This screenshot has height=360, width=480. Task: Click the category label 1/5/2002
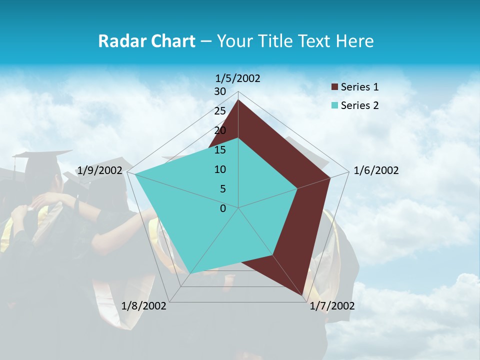(x=238, y=78)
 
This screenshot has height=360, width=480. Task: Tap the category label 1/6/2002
(x=376, y=170)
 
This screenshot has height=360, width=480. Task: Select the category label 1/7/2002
(x=332, y=306)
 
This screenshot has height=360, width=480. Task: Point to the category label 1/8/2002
(x=144, y=306)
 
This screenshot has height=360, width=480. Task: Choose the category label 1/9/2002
(x=100, y=170)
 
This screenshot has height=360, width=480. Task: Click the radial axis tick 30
(x=220, y=91)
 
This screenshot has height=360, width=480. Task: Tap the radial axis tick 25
(x=220, y=111)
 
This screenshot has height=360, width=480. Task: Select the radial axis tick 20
(x=220, y=130)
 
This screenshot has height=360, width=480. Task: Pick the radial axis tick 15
(x=220, y=150)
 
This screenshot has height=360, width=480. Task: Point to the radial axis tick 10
(x=220, y=169)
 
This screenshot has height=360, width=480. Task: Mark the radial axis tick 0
(x=223, y=208)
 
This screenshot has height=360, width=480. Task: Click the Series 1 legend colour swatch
(x=335, y=87)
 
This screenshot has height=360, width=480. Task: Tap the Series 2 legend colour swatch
(x=335, y=105)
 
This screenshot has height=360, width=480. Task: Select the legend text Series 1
(x=359, y=87)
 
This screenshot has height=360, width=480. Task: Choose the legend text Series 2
(x=359, y=105)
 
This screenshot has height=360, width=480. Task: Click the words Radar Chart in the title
(x=146, y=41)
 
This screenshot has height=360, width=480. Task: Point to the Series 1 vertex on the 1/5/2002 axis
(x=238, y=100)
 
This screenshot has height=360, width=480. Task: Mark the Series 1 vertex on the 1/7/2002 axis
(x=303, y=296)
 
